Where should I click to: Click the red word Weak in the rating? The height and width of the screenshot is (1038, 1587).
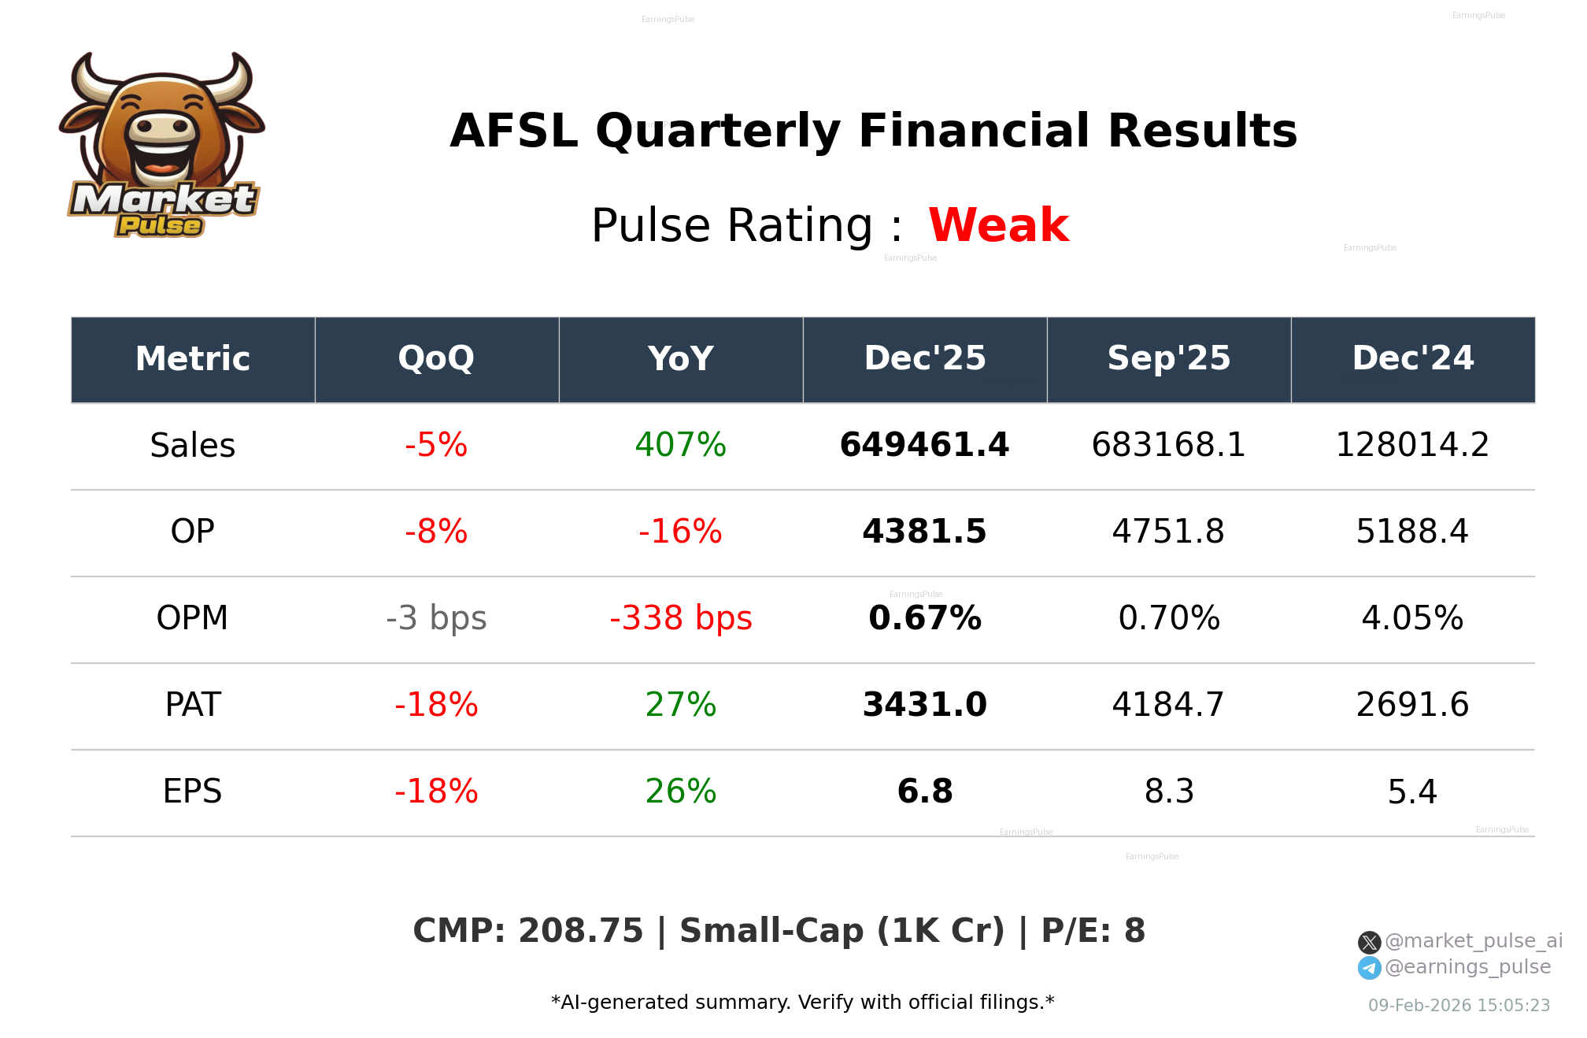(x=997, y=225)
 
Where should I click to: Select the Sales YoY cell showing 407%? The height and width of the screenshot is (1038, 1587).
(x=680, y=445)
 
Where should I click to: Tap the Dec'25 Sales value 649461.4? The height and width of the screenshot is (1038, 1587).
(x=924, y=445)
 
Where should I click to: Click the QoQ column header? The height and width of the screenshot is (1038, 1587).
(x=436, y=358)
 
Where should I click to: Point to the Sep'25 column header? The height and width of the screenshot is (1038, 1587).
(x=1168, y=358)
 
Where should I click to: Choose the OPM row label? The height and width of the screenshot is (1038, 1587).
(x=192, y=618)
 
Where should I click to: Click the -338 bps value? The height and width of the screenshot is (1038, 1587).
(x=680, y=618)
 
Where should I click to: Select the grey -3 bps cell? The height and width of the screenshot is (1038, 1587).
(x=436, y=618)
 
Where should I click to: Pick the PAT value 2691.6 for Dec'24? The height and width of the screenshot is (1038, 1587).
(x=1412, y=705)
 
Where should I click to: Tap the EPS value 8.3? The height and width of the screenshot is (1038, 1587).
(x=1168, y=791)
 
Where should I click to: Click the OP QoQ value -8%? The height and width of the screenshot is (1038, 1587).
(x=436, y=532)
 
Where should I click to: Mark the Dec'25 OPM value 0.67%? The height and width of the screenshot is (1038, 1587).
(x=924, y=618)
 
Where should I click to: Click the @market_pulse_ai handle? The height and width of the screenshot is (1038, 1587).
(x=1473, y=941)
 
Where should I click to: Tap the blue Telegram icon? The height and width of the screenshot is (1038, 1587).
(x=1369, y=968)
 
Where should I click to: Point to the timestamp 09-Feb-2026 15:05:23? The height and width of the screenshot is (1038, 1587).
(x=1459, y=1006)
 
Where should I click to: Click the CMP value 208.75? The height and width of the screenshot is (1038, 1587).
(x=580, y=931)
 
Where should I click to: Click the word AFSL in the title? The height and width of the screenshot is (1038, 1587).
(x=513, y=131)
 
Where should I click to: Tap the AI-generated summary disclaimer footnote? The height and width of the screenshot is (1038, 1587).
(x=802, y=1003)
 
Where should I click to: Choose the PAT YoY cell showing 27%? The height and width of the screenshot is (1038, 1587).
(x=680, y=705)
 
